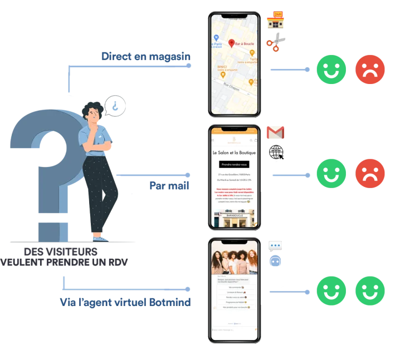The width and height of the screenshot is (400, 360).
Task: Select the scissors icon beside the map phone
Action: pos(276,42)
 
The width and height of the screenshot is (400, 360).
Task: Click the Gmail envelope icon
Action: pos(275,132)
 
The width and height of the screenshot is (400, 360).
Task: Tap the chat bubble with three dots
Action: pos(275,247)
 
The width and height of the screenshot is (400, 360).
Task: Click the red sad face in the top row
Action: pos(370,70)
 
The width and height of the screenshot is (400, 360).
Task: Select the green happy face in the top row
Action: pos(331,70)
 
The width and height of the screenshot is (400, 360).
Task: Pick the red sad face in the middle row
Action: pos(370,174)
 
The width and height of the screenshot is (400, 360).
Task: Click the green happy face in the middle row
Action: pos(331,174)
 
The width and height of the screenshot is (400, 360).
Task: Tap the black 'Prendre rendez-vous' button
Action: pos(234,165)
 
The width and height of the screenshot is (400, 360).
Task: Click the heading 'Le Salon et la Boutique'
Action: pos(234,152)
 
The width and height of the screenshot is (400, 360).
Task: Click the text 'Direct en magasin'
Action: pos(146,56)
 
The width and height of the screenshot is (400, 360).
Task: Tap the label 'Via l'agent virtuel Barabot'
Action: pos(125,302)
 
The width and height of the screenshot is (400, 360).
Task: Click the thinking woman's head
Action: pos(90,111)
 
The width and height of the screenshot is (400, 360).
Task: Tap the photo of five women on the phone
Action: pos(234,260)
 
